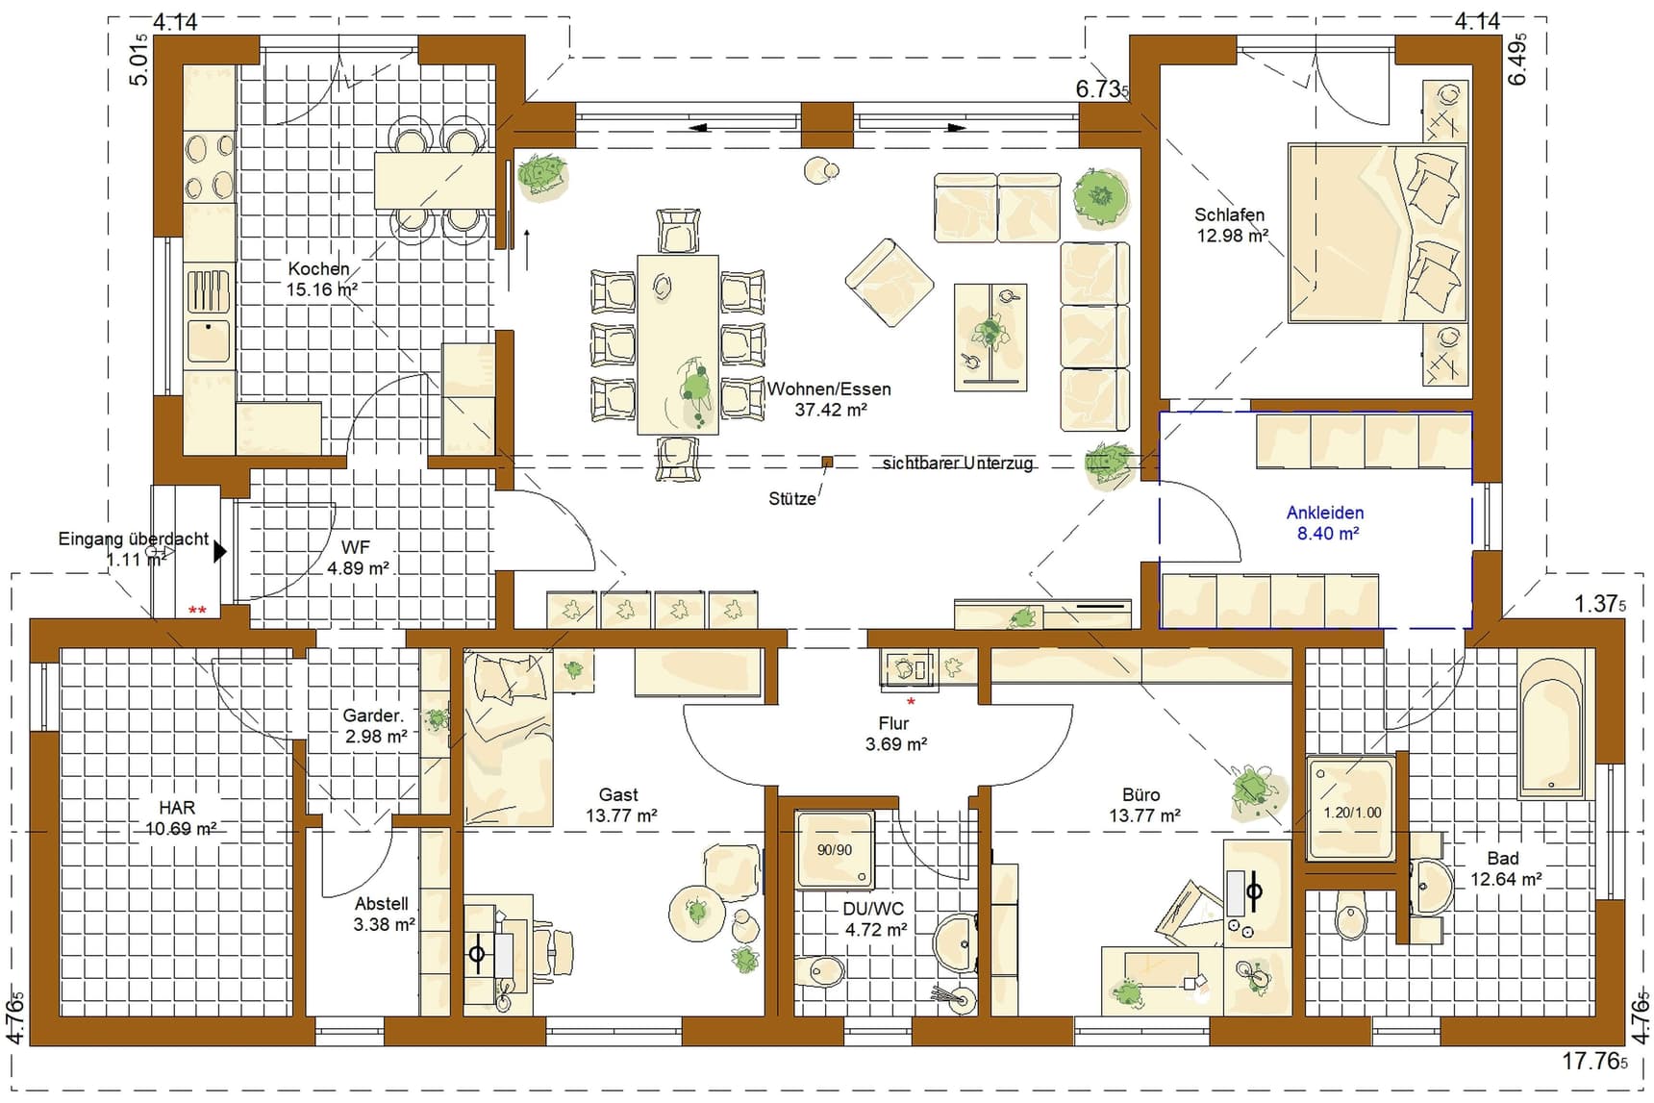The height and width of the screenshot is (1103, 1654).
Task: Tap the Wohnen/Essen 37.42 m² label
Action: (x=829, y=399)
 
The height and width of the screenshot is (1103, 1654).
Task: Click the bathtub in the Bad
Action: (x=1551, y=724)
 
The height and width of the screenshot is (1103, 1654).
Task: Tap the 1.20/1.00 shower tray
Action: (x=1351, y=808)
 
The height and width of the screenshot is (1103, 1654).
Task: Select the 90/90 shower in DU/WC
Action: (x=835, y=848)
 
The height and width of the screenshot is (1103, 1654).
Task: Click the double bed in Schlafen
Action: (x=1377, y=233)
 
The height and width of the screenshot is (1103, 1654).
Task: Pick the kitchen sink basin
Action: (x=208, y=340)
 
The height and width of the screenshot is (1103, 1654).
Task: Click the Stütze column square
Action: (x=827, y=463)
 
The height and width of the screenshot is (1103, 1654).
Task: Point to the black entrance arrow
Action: (x=220, y=552)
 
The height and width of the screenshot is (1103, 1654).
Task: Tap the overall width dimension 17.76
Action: (x=1595, y=1062)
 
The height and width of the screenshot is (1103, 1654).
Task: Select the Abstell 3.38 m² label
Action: (x=384, y=914)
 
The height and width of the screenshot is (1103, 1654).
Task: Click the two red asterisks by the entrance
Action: (x=197, y=611)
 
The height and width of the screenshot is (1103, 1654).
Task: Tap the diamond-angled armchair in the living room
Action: (x=890, y=283)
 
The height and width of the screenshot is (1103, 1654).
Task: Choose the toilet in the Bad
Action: (x=1350, y=915)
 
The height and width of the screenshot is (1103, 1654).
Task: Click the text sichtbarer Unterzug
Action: (x=958, y=463)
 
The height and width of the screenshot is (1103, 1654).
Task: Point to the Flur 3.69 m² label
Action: (x=895, y=734)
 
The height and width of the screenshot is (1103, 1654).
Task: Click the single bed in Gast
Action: (x=508, y=739)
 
